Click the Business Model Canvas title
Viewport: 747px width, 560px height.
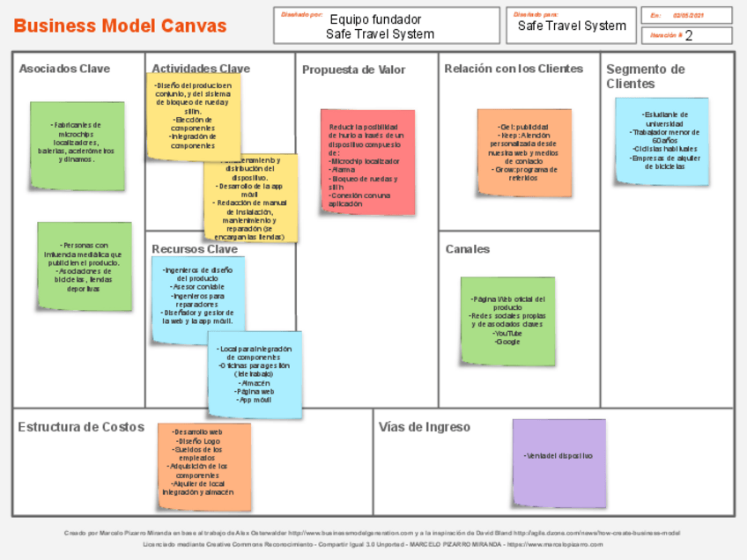coord(121,26)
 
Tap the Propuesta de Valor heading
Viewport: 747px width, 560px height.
coord(354,70)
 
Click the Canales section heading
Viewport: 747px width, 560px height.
coord(467,249)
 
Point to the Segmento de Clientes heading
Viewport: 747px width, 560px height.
coord(645,77)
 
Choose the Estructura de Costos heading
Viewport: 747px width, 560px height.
coord(81,427)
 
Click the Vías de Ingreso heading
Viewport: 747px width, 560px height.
coord(425,427)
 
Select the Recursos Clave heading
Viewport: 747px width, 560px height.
coord(195,249)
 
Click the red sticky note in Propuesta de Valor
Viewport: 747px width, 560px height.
coord(367,162)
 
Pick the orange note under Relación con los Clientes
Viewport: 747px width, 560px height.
coord(524,152)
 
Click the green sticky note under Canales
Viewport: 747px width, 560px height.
coord(507,321)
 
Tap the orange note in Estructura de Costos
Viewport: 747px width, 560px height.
coord(203,468)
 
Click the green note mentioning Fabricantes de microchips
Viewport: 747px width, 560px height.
coord(77,145)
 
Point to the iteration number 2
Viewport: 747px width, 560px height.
coord(688,36)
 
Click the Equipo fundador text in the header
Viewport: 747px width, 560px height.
coord(375,19)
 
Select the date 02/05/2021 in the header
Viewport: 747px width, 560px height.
coord(689,16)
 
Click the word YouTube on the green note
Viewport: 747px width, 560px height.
coord(507,333)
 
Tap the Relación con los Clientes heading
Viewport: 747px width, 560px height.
coord(514,69)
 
